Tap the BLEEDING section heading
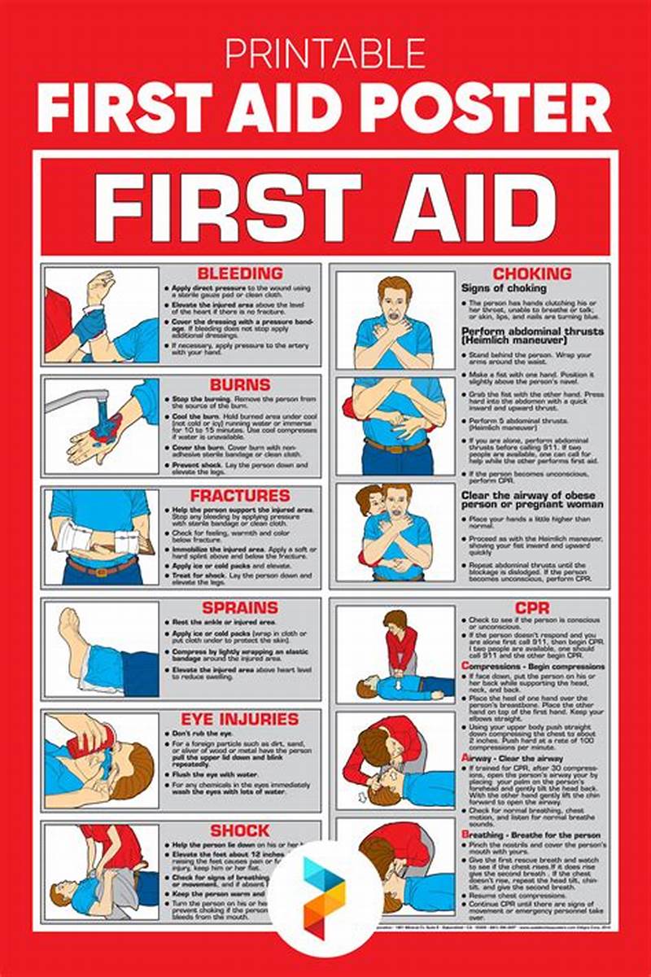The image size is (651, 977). point(239,274)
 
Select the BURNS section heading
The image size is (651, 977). point(239,383)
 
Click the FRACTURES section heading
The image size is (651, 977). point(239,495)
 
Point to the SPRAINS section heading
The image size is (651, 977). point(239,607)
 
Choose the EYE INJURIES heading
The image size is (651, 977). point(239,719)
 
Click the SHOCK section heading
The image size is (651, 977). point(239,830)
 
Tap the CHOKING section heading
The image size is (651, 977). point(531,274)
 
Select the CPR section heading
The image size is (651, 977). point(531,607)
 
